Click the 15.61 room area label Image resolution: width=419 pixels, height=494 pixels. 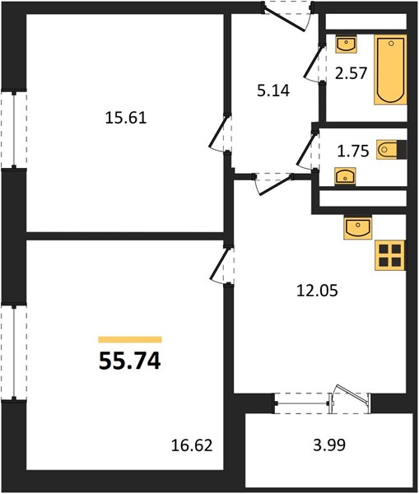[x=126, y=118]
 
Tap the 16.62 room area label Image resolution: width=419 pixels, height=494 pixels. [x=192, y=445]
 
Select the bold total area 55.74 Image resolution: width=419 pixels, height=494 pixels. [x=130, y=361]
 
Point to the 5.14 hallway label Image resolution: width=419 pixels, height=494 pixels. [x=273, y=91]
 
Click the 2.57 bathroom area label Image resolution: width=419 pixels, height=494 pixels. [x=351, y=73]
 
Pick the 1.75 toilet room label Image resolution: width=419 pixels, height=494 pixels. [x=353, y=151]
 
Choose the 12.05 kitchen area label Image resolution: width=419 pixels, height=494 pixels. [x=317, y=290]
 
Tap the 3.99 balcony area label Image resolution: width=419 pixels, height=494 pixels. [x=329, y=445]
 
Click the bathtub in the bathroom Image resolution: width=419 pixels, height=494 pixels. [x=390, y=70]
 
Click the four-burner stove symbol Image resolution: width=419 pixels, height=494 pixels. [x=389, y=255]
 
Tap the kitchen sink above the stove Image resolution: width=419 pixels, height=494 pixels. [x=358, y=227]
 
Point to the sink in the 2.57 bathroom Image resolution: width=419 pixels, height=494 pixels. [x=347, y=44]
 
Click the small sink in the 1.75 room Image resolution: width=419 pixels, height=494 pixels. [x=345, y=176]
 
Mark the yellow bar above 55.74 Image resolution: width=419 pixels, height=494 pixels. [x=130, y=339]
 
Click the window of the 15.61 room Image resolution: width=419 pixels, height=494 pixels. [x=14, y=129]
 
